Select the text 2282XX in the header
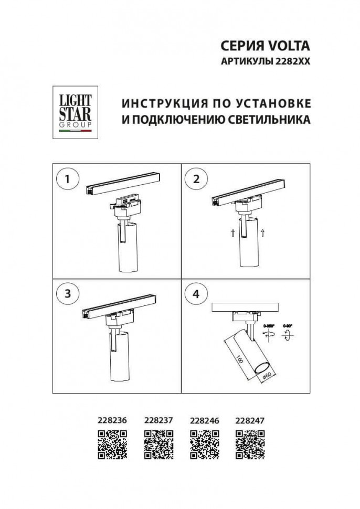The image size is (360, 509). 292,61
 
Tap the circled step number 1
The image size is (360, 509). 67,179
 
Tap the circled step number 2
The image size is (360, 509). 196,179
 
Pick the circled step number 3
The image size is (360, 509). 67,294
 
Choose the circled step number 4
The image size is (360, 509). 196,294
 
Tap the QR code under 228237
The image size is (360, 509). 158,443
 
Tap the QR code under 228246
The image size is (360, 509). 204,443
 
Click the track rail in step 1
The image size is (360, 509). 123,183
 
